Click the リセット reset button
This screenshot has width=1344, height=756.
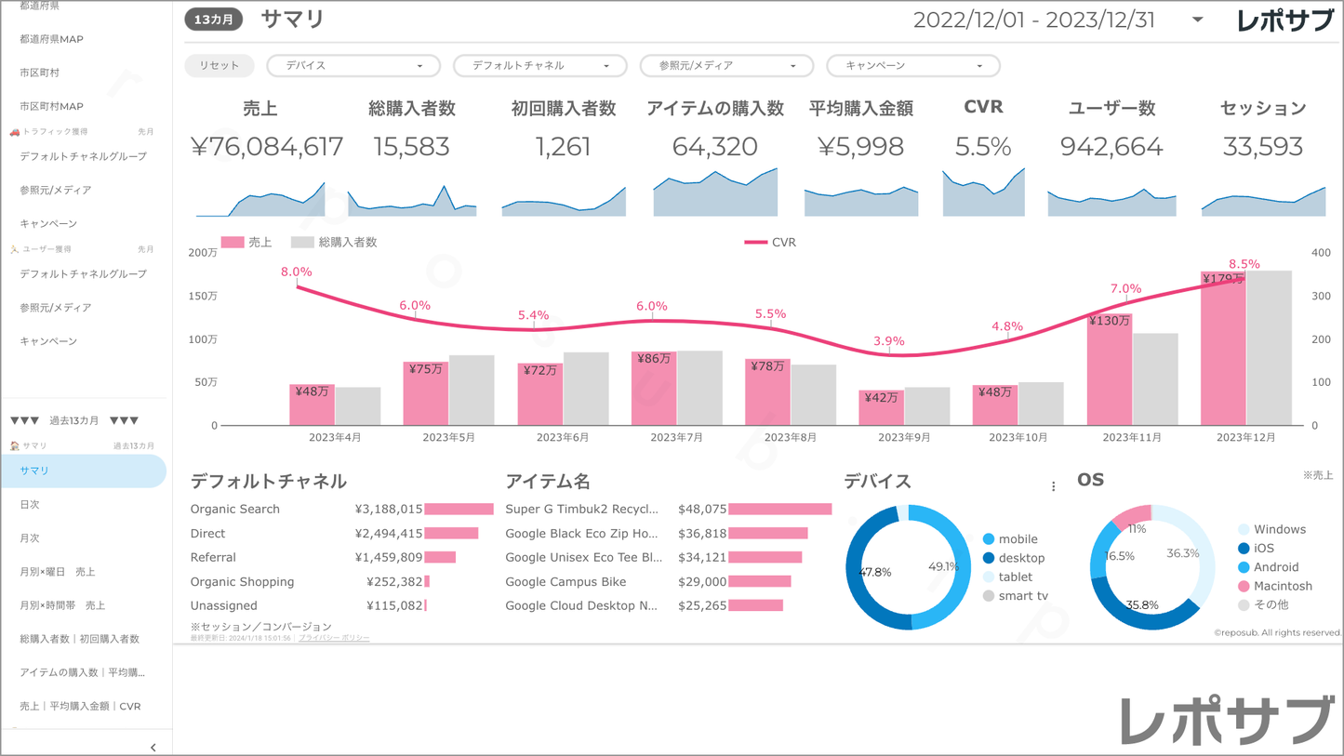click(219, 66)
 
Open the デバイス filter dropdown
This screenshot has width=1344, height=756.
click(353, 66)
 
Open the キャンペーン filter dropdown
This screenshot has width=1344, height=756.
click(912, 66)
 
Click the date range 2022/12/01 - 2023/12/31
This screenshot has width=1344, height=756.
click(1033, 20)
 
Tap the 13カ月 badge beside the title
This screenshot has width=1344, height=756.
click(213, 20)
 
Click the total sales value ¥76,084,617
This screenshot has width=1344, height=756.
click(267, 147)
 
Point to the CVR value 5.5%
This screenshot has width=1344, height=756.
click(982, 147)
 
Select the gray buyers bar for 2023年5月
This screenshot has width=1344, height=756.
click(472, 391)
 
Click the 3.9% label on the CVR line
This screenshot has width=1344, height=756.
click(888, 341)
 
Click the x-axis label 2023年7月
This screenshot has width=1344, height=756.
click(676, 437)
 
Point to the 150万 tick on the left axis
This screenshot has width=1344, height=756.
click(203, 296)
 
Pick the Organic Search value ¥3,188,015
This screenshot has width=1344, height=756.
click(389, 510)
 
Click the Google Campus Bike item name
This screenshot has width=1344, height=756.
click(566, 582)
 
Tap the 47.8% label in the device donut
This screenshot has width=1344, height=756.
click(874, 572)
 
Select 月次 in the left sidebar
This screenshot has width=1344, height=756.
click(30, 538)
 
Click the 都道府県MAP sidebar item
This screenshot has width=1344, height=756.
click(51, 39)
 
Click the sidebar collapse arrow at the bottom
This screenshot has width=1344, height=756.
click(153, 747)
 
